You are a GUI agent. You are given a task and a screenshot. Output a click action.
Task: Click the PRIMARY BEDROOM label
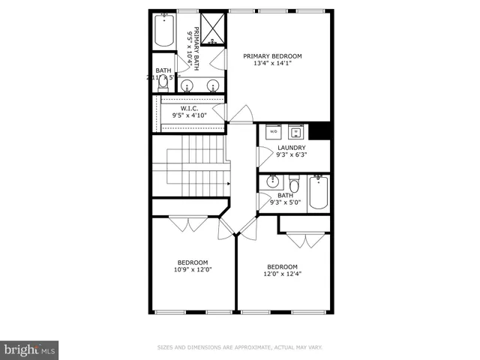point(273,56)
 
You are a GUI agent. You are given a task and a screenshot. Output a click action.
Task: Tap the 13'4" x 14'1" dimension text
point(273,64)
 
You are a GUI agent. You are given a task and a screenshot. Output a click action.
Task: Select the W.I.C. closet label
point(189,108)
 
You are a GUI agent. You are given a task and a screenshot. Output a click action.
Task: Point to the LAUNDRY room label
point(291,148)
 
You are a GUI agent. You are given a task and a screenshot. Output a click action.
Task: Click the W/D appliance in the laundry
point(273,132)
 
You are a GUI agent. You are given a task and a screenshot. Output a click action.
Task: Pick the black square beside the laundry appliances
point(321,131)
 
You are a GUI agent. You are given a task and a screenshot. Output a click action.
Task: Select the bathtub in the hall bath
point(319,191)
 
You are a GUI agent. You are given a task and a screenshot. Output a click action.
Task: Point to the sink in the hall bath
point(273,181)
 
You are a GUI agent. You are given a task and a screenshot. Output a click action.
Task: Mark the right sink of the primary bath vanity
point(213,85)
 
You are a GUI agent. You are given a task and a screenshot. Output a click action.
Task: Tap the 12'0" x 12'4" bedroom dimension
point(283,274)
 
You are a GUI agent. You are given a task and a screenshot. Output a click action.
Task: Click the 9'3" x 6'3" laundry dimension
point(291,156)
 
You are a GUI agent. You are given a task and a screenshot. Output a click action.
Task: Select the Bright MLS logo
point(29,349)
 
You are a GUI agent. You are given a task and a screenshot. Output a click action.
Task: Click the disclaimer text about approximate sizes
point(239,347)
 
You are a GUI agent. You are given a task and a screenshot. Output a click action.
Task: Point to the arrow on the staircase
point(228,181)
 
